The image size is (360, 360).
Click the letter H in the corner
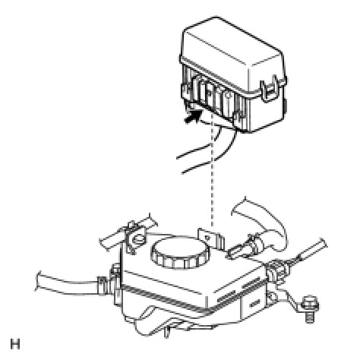point(15,344)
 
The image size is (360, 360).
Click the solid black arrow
point(194,116)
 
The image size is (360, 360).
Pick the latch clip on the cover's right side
point(270,90)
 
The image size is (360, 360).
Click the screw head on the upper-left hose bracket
point(139,239)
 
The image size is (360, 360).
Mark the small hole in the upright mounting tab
point(207,238)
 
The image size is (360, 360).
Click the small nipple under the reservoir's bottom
point(166,332)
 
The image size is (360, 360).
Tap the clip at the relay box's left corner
point(185,93)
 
